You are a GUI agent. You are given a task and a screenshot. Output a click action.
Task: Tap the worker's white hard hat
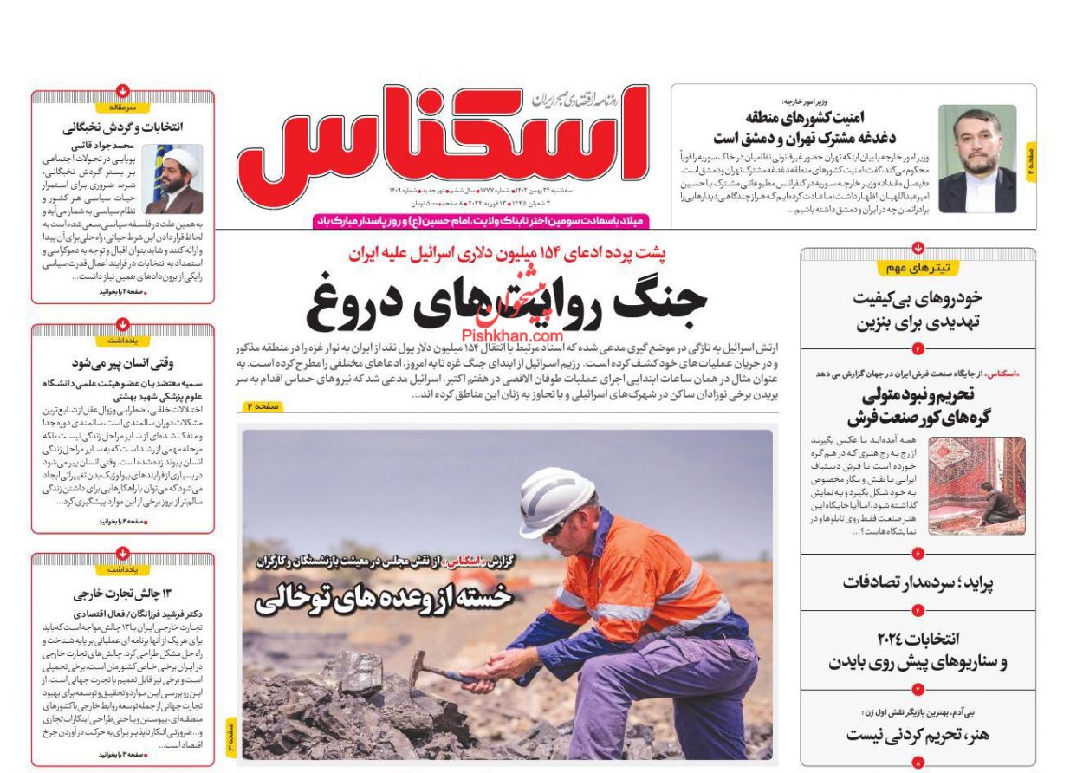click(555, 500)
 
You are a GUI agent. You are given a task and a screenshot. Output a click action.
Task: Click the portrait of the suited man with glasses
click(976, 159)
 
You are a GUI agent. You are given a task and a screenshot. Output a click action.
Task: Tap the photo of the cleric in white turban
click(175, 179)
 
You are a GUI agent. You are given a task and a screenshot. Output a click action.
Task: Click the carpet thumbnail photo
click(976, 485)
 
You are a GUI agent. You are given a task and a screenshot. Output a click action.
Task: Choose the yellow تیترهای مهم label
click(918, 268)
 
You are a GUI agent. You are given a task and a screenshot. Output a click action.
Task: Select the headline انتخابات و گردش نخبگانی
click(122, 127)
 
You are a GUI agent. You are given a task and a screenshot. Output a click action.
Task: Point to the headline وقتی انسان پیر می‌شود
click(122, 363)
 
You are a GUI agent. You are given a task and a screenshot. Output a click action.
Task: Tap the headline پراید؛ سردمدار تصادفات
click(918, 582)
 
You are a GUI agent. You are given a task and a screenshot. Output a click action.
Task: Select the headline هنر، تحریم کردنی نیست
click(918, 735)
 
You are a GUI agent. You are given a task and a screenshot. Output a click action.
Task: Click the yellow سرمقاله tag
click(122, 107)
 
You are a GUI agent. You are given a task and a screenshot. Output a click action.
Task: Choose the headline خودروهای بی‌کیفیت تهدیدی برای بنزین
click(918, 310)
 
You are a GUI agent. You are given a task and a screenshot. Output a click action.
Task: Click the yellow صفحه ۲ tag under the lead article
click(261, 406)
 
